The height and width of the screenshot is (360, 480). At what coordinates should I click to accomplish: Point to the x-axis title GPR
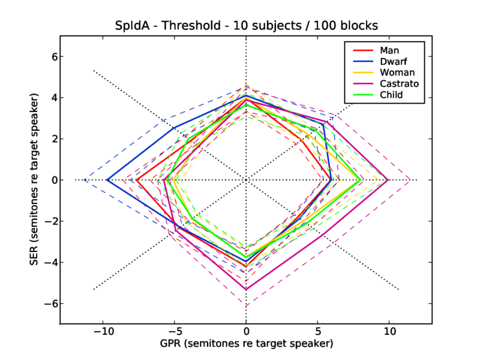coord(246,344)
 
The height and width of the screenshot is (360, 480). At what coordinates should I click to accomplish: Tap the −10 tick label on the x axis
coord(103,331)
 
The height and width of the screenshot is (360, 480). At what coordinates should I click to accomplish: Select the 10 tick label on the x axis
coord(389,331)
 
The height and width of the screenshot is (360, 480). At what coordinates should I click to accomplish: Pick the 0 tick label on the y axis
coord(52,180)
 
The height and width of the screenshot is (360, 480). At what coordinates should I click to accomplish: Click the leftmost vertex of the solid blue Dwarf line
coord(107,180)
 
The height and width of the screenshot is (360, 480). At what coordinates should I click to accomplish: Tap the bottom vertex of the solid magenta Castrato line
coord(246,289)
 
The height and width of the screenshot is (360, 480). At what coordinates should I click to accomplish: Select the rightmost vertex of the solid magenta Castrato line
coord(388,180)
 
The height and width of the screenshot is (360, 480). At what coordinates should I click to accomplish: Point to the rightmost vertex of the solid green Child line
coord(360,180)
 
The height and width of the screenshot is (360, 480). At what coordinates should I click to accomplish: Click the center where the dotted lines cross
coord(246,180)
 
